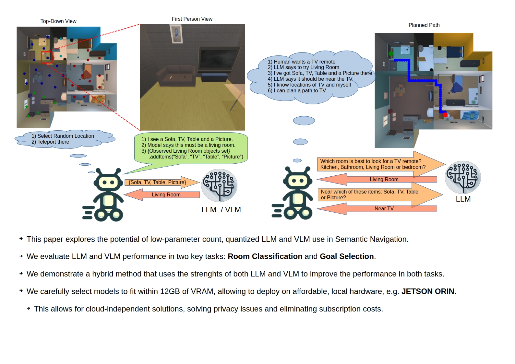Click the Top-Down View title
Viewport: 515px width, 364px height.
click(x=58, y=21)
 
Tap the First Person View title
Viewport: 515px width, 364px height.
click(x=192, y=19)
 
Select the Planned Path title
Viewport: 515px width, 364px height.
click(x=424, y=25)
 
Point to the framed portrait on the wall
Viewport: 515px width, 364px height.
click(x=176, y=34)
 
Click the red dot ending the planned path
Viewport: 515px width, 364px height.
click(x=445, y=115)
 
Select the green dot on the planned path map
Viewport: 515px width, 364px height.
click(x=390, y=53)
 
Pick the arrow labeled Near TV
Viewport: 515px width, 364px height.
click(x=377, y=209)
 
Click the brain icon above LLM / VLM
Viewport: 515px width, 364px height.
click(x=219, y=185)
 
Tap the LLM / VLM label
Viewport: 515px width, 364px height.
click(x=221, y=210)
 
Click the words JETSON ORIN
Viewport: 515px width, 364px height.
click(x=428, y=291)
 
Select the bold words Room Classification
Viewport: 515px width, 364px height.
click(x=265, y=256)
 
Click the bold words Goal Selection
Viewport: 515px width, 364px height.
click(x=347, y=256)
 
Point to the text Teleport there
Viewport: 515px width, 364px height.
click(x=53, y=142)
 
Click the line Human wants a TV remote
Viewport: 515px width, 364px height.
click(x=301, y=62)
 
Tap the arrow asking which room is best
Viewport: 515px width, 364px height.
click(x=381, y=164)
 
